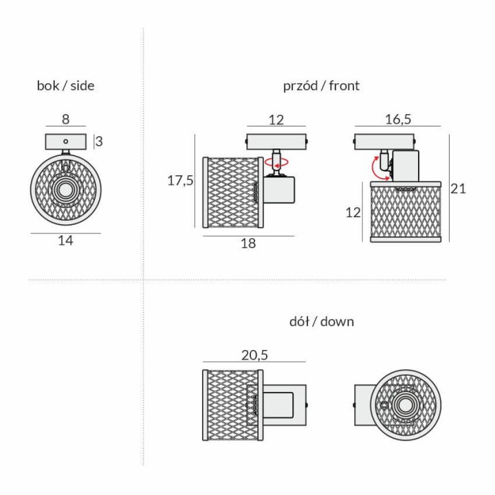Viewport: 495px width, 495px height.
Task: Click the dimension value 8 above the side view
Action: (x=65, y=120)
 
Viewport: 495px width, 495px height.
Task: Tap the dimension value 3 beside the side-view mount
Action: (x=99, y=142)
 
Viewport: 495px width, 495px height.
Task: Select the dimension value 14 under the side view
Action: (x=66, y=241)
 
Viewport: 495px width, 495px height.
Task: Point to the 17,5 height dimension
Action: (x=180, y=181)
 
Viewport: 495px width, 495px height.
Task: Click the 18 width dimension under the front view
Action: (x=248, y=243)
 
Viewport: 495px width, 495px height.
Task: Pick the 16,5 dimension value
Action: (x=398, y=120)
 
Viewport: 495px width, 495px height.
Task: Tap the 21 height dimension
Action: (x=458, y=189)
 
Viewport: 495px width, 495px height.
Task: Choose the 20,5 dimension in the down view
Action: (x=255, y=355)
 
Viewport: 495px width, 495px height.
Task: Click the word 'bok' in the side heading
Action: (x=48, y=85)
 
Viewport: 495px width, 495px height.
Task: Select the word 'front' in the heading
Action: (x=344, y=85)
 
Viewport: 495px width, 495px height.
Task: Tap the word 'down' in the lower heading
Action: (x=337, y=322)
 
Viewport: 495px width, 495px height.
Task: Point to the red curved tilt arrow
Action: (x=379, y=168)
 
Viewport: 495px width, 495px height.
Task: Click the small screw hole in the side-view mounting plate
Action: (x=66, y=142)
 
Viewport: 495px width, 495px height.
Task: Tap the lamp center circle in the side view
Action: (x=66, y=190)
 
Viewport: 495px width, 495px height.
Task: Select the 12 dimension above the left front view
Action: (x=276, y=120)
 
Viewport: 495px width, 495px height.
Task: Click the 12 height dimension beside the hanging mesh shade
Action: (x=353, y=212)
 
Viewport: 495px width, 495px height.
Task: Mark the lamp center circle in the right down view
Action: (x=406, y=405)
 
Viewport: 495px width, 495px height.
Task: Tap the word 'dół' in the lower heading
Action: (x=299, y=322)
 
